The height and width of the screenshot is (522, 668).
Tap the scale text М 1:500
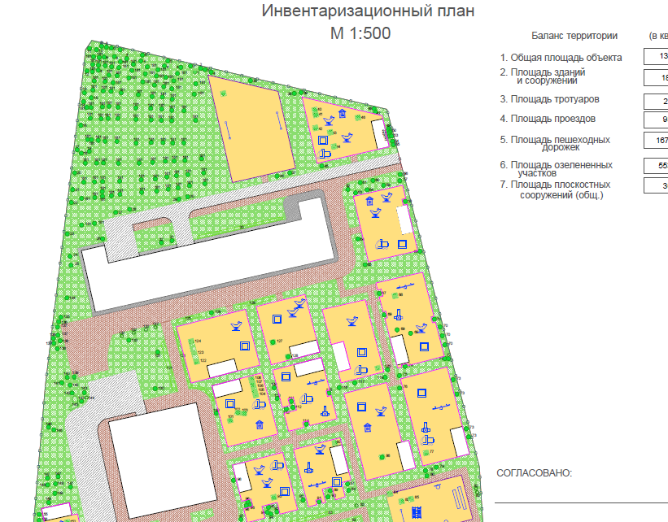(x=360, y=34)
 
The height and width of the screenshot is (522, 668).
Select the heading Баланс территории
(x=574, y=36)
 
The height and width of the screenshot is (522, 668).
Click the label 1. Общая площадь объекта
(x=561, y=58)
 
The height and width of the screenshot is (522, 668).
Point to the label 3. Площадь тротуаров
(x=549, y=99)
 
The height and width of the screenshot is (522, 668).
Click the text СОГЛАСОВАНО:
(x=535, y=473)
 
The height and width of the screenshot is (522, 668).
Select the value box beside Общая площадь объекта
(x=656, y=57)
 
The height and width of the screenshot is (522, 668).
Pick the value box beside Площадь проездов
(x=656, y=120)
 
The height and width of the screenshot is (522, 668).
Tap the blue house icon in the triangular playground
(x=343, y=114)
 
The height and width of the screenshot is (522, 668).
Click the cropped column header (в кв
(x=657, y=36)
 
